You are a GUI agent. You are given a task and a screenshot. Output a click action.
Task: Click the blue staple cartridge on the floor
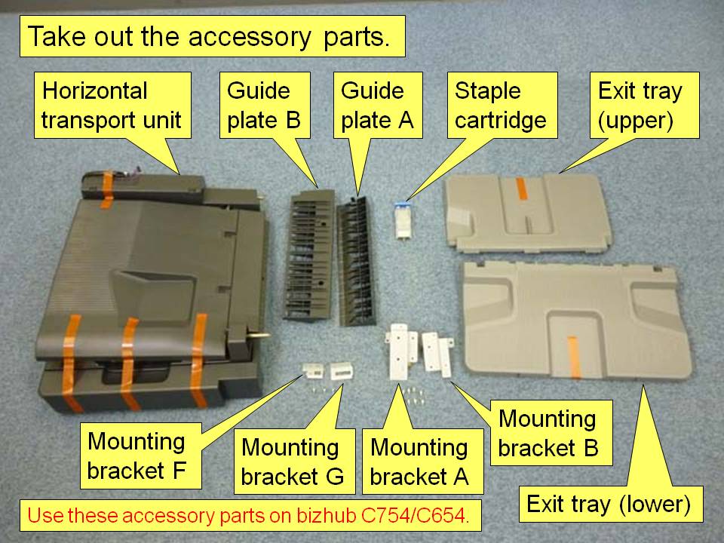(x=400, y=222)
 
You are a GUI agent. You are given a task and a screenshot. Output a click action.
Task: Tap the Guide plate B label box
(x=265, y=106)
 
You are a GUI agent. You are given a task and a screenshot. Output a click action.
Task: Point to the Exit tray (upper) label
(x=640, y=106)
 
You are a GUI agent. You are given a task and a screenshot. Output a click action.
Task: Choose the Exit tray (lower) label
(x=608, y=504)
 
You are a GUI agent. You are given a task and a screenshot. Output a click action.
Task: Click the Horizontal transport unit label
(x=111, y=106)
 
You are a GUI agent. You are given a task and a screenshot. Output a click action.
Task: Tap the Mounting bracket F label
(x=137, y=456)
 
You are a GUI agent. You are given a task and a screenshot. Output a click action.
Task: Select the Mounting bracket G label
(x=293, y=462)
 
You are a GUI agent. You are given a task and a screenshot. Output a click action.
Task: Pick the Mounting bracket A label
(x=419, y=462)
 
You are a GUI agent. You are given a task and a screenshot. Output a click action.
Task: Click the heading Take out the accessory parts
(x=210, y=37)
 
